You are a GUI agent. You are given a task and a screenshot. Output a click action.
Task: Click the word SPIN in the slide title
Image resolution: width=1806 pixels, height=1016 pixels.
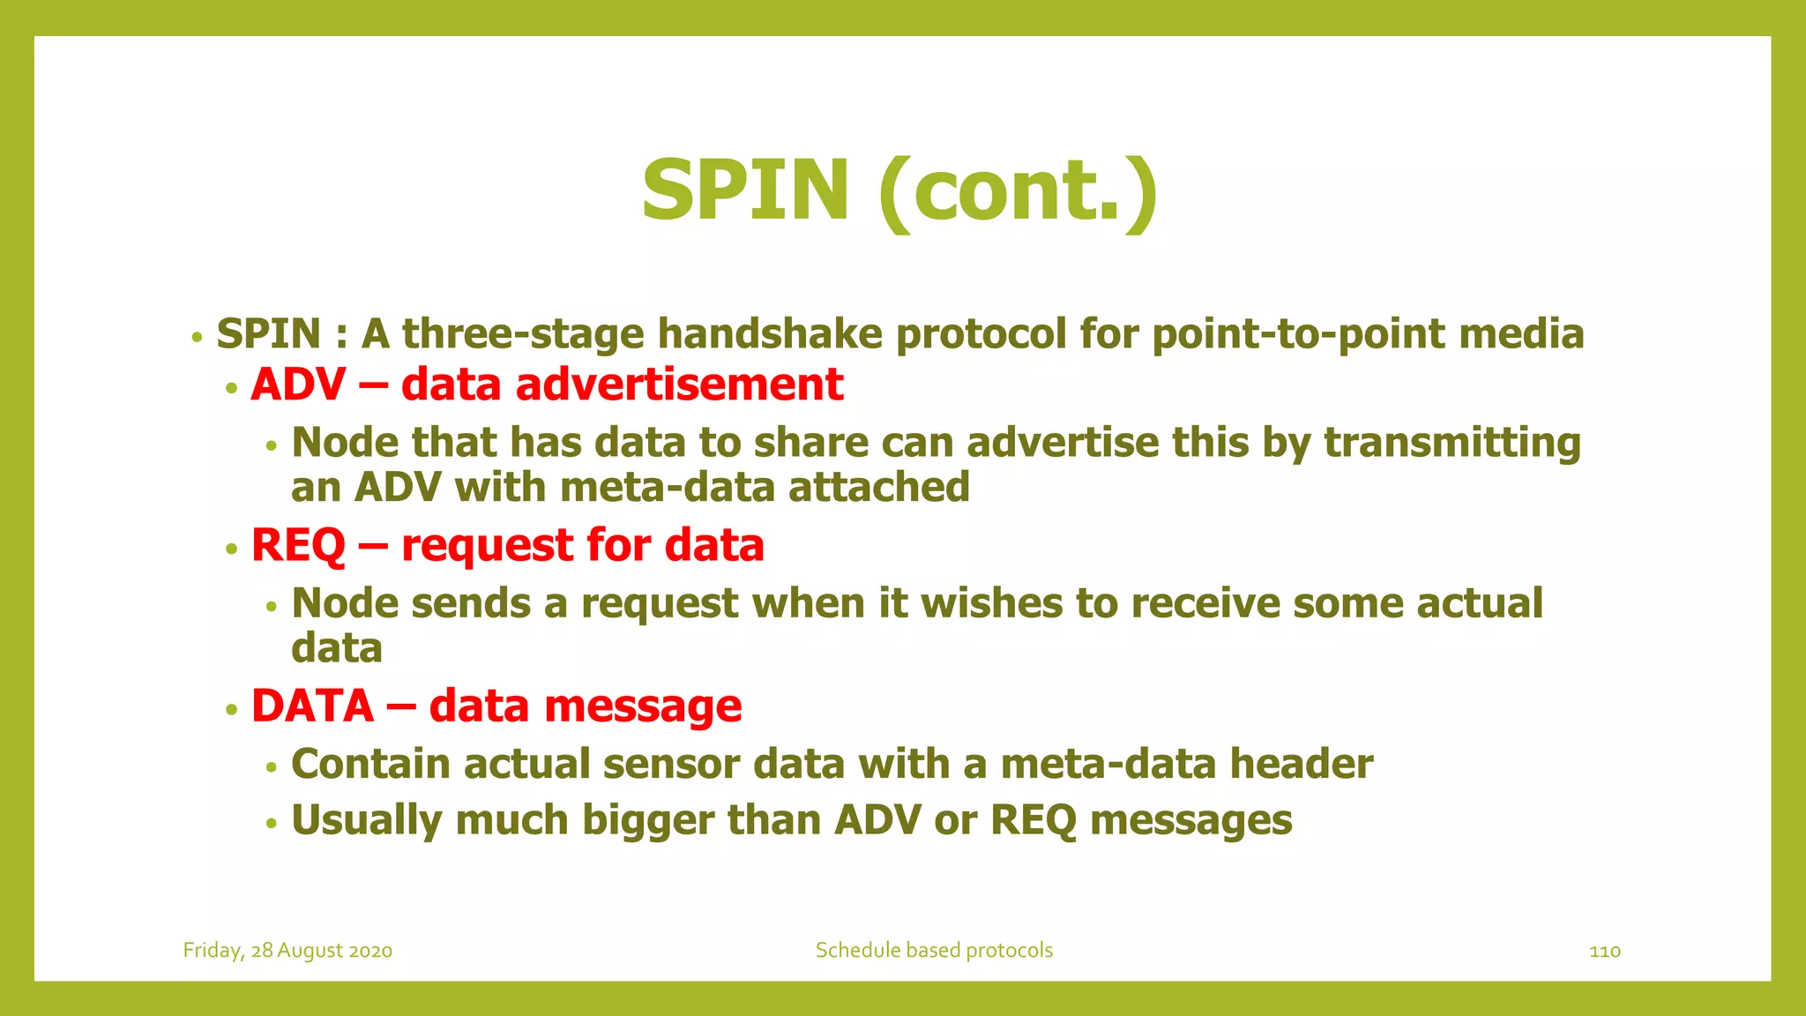745,190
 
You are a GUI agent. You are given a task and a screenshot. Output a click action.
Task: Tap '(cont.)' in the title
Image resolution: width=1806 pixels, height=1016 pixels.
1019,190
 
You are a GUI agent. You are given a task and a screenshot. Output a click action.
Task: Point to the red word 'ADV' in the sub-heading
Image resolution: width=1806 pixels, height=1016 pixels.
298,385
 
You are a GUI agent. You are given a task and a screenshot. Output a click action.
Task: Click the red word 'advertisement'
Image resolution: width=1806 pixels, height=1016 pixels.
679,385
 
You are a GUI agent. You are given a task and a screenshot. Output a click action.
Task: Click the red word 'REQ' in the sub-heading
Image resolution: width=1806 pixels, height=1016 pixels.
298,546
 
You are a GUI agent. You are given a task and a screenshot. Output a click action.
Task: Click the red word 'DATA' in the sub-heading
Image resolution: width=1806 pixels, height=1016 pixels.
312,706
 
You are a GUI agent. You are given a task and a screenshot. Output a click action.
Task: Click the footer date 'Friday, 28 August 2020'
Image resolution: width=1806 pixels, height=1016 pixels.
287,951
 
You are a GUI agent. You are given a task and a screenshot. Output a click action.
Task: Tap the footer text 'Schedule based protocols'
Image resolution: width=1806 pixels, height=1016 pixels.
934,951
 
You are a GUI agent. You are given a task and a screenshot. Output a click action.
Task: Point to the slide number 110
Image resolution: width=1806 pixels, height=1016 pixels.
1604,951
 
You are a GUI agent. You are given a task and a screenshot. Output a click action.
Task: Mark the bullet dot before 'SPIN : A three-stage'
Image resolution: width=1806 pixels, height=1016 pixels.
198,337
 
